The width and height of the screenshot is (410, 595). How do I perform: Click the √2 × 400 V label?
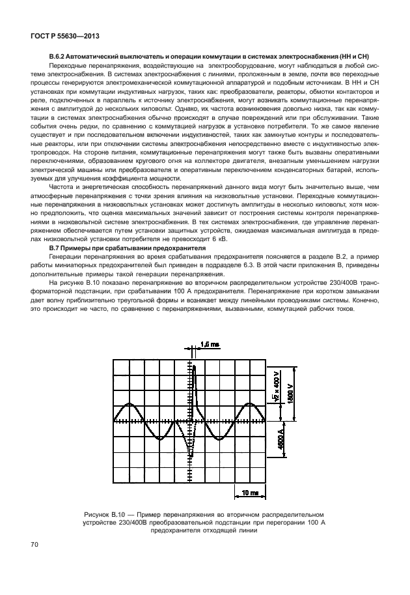pos(276,389)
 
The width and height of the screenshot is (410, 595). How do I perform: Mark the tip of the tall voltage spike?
pos(194,367)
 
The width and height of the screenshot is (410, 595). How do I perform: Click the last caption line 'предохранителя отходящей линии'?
pos(204,530)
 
